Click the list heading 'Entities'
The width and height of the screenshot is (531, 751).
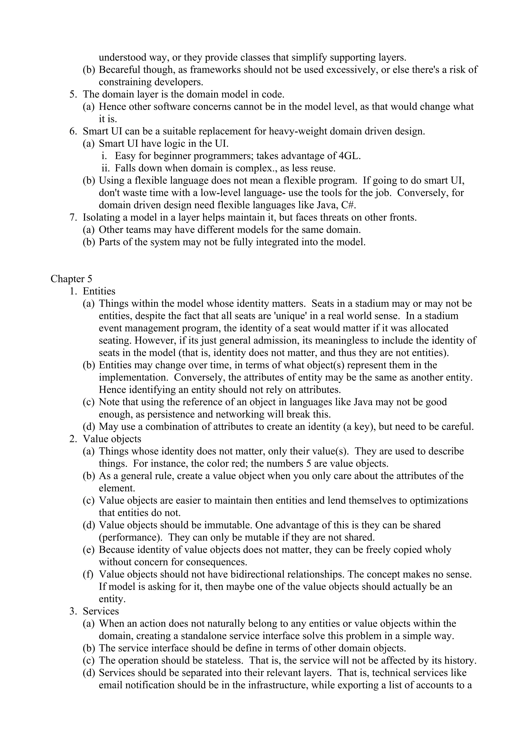tap(99, 291)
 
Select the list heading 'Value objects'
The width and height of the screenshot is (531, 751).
tap(112, 439)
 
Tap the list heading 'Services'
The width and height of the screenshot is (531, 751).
tap(101, 611)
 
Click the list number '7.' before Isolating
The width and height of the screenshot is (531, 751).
tap(73, 217)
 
